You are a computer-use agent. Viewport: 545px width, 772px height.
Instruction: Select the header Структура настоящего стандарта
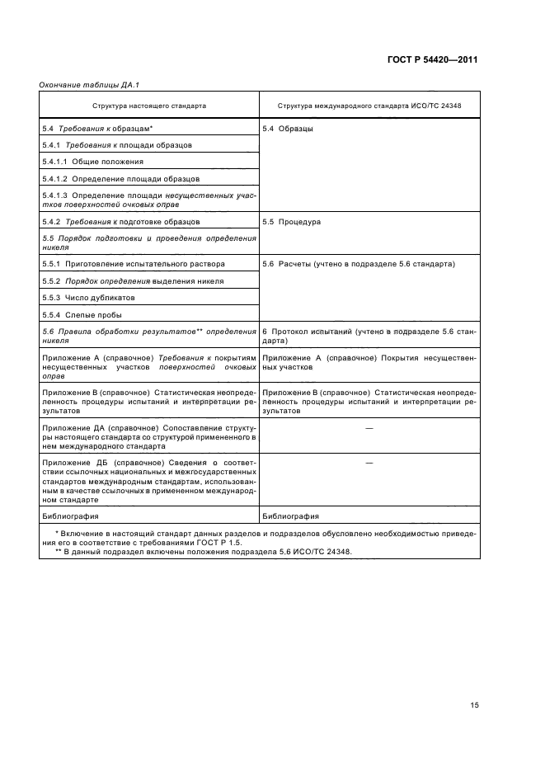click(149, 106)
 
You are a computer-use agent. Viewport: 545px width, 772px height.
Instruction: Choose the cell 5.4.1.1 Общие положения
click(93, 162)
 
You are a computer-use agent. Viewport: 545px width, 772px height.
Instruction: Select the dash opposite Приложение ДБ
click(369, 464)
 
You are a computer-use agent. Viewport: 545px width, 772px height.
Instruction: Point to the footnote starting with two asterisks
click(202, 552)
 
